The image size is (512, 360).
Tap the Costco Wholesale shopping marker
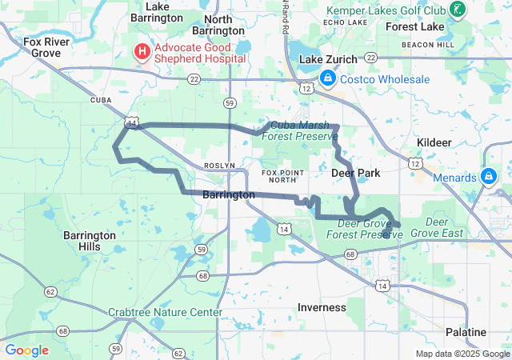click(328, 79)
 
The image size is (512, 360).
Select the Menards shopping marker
click(488, 177)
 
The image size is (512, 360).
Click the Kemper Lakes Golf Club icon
click(457, 10)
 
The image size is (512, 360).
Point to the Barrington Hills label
click(90, 242)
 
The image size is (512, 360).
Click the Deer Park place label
click(355, 173)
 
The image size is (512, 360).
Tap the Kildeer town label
click(434, 142)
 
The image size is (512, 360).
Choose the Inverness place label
click(322, 307)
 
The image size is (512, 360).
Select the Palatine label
click(466, 332)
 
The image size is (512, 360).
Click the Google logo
click(26, 350)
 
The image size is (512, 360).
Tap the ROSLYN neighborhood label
click(219, 165)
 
